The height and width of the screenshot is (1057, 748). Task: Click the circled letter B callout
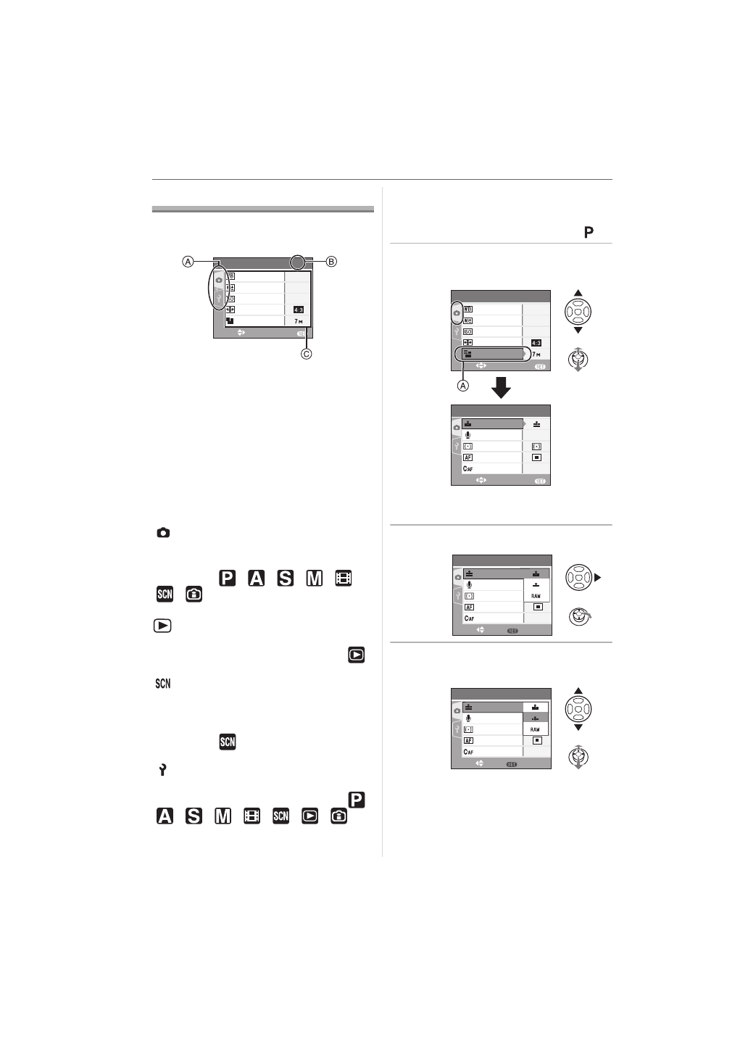click(331, 262)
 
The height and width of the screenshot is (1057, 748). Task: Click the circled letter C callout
click(306, 354)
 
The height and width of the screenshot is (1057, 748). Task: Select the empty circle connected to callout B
click(298, 262)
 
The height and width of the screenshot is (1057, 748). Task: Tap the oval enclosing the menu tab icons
click(219, 289)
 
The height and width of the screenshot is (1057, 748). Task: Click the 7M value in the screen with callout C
click(299, 321)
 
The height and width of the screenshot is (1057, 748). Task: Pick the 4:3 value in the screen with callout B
click(298, 310)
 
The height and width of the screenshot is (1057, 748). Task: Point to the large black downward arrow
click(501, 388)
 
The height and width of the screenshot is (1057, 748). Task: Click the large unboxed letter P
click(589, 232)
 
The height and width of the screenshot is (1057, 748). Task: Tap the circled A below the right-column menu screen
click(463, 386)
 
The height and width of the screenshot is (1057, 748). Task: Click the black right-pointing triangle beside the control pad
click(597, 577)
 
